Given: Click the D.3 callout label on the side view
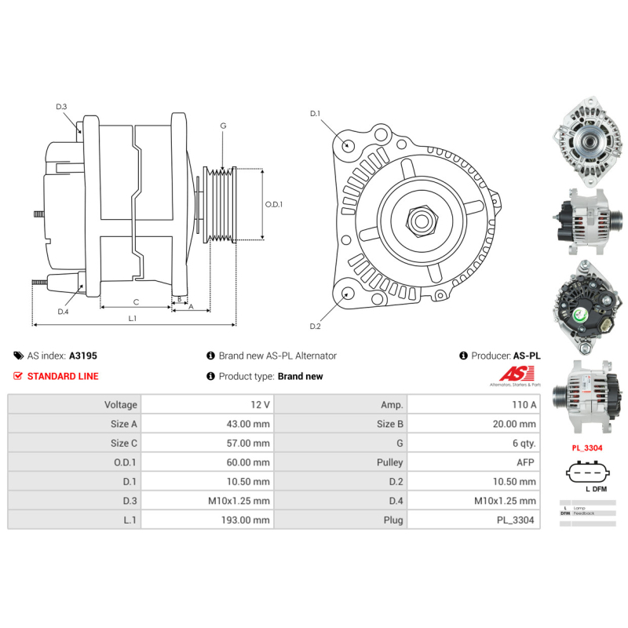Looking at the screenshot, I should [61, 107].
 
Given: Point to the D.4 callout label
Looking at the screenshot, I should [63, 312].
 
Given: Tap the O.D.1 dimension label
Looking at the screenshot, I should [273, 204].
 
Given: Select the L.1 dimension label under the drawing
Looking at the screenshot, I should [133, 318].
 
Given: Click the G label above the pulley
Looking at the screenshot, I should [223, 126].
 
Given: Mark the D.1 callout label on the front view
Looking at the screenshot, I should [315, 114].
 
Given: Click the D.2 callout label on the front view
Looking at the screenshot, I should [315, 327].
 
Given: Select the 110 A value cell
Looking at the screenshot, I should [523, 404].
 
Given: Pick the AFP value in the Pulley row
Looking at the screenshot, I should [526, 462].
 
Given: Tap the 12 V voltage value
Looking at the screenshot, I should [261, 404].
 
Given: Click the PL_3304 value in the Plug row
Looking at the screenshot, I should [518, 520].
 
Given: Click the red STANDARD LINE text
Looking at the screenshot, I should [63, 376].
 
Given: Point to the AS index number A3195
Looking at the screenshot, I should [83, 356].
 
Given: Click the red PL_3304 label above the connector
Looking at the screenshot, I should [586, 448].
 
